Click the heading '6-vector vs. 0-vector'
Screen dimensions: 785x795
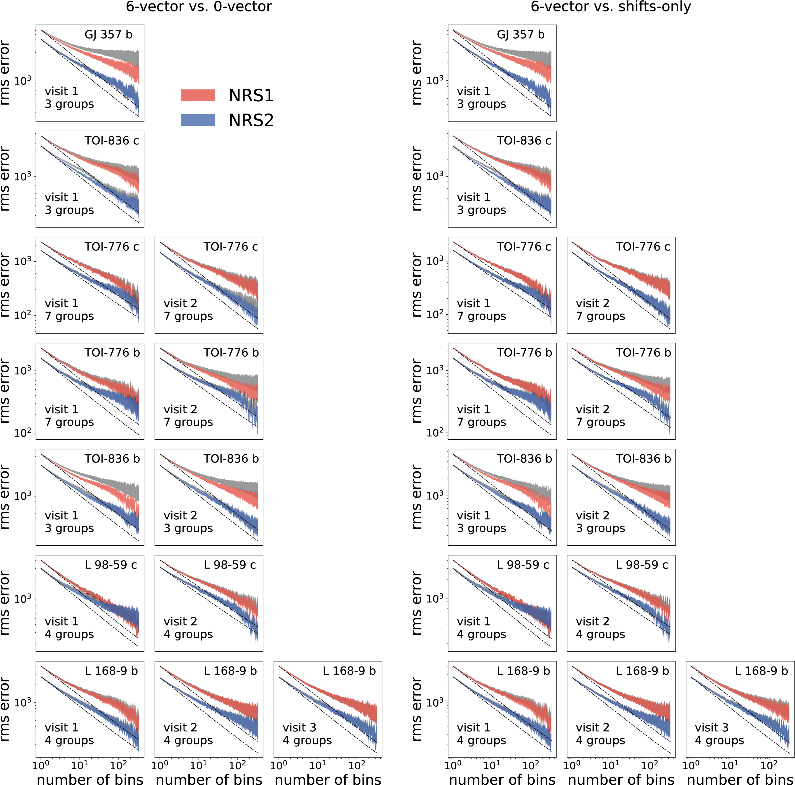(x=199, y=7)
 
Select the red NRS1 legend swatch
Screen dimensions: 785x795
(x=198, y=95)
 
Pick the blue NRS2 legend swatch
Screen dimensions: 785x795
(x=198, y=120)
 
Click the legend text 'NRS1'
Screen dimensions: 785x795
(x=251, y=96)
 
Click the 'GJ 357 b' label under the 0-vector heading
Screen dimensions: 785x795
(x=109, y=35)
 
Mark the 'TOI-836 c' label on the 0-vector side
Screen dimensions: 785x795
(x=112, y=141)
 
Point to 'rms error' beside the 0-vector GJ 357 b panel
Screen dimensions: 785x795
(x=5, y=73)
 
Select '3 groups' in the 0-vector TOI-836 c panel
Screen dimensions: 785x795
(x=69, y=210)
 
